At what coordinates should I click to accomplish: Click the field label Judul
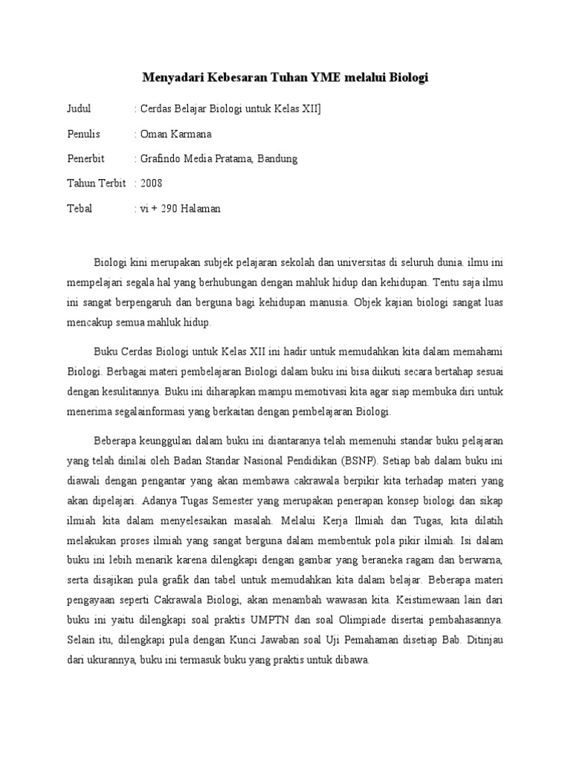(79, 109)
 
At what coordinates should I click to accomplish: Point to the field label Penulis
(83, 134)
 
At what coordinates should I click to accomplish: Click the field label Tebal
(80, 208)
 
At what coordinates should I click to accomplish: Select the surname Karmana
(192, 134)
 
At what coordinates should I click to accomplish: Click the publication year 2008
(151, 183)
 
